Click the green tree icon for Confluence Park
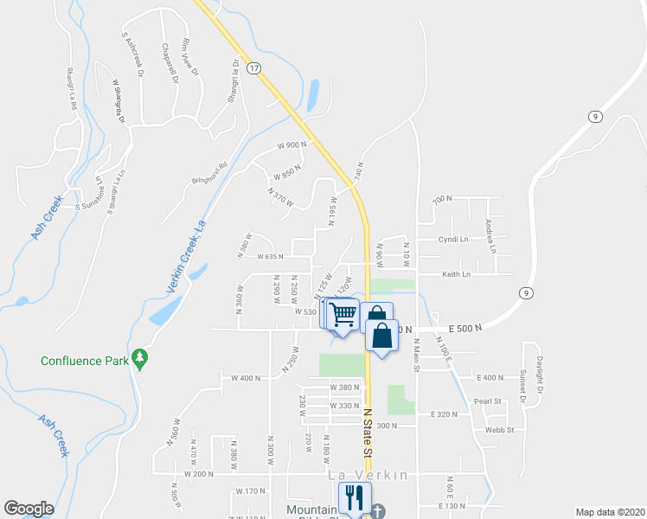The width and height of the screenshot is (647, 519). [x=139, y=358]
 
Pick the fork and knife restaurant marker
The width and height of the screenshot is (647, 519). [x=354, y=497]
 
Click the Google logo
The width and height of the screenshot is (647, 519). [x=29, y=509]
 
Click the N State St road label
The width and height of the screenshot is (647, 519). [x=368, y=433]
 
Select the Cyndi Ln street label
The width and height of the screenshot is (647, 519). [x=452, y=240]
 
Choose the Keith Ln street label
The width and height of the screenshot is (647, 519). [x=456, y=274]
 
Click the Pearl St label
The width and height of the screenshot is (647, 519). [x=488, y=401]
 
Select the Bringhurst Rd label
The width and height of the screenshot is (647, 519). [x=208, y=173]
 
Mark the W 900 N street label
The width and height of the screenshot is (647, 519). [x=292, y=145]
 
